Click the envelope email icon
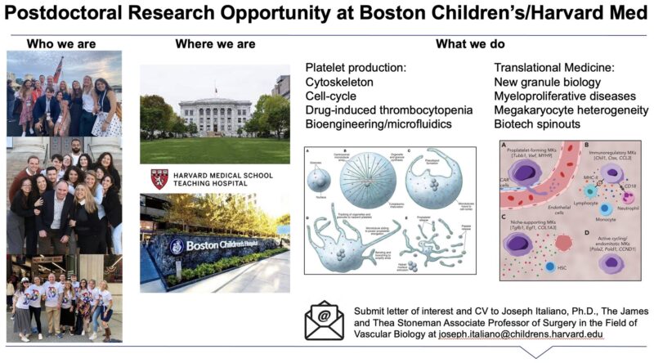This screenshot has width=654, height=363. coord(325,321)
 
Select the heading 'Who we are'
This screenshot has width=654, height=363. coord(64,43)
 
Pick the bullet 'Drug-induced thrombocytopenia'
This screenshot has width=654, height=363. coord(378,110)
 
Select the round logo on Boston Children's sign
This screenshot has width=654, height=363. coord(176,246)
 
